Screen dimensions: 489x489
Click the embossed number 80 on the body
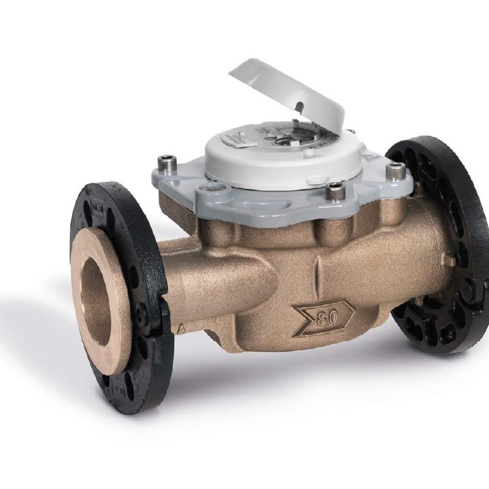pyautogui.click(x=325, y=316)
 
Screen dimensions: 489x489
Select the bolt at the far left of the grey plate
pyautogui.click(x=164, y=163)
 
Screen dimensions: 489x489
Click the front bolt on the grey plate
pyautogui.click(x=336, y=192)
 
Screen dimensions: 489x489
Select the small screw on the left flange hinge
pyautogui.click(x=142, y=315)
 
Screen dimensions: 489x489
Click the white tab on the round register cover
pyautogui.click(x=316, y=180)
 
